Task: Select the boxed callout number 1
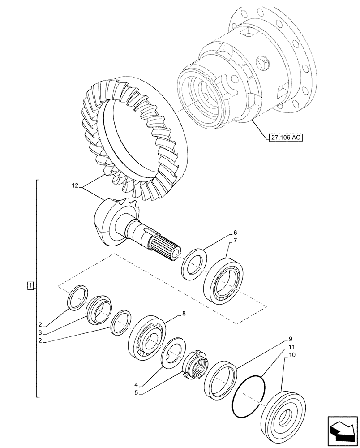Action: (x=30, y=285)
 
